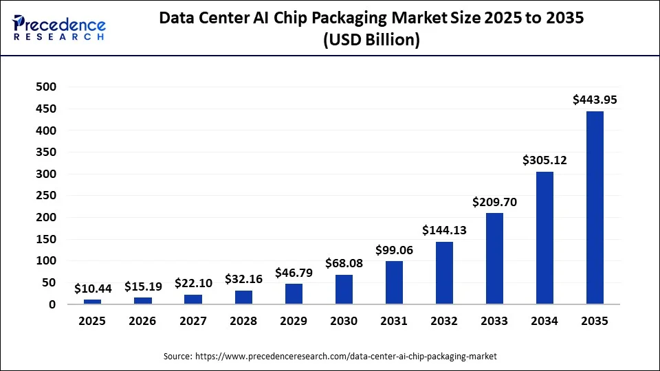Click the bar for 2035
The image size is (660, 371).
595,207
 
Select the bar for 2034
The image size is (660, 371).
544,238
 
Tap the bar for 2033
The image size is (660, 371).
494,258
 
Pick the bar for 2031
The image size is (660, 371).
394,282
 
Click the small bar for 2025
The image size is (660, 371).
92,302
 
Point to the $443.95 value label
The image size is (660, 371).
595,100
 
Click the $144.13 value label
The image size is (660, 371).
444,230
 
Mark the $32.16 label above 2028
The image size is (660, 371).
243,279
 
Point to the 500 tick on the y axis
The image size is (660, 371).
47,87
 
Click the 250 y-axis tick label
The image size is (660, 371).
47,196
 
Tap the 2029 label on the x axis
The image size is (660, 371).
294,321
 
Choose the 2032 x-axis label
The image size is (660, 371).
444,321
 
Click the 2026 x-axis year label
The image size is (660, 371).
143,321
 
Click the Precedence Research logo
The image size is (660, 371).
59,27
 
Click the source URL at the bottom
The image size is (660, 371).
330,357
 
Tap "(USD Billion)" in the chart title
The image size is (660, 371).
371,40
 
